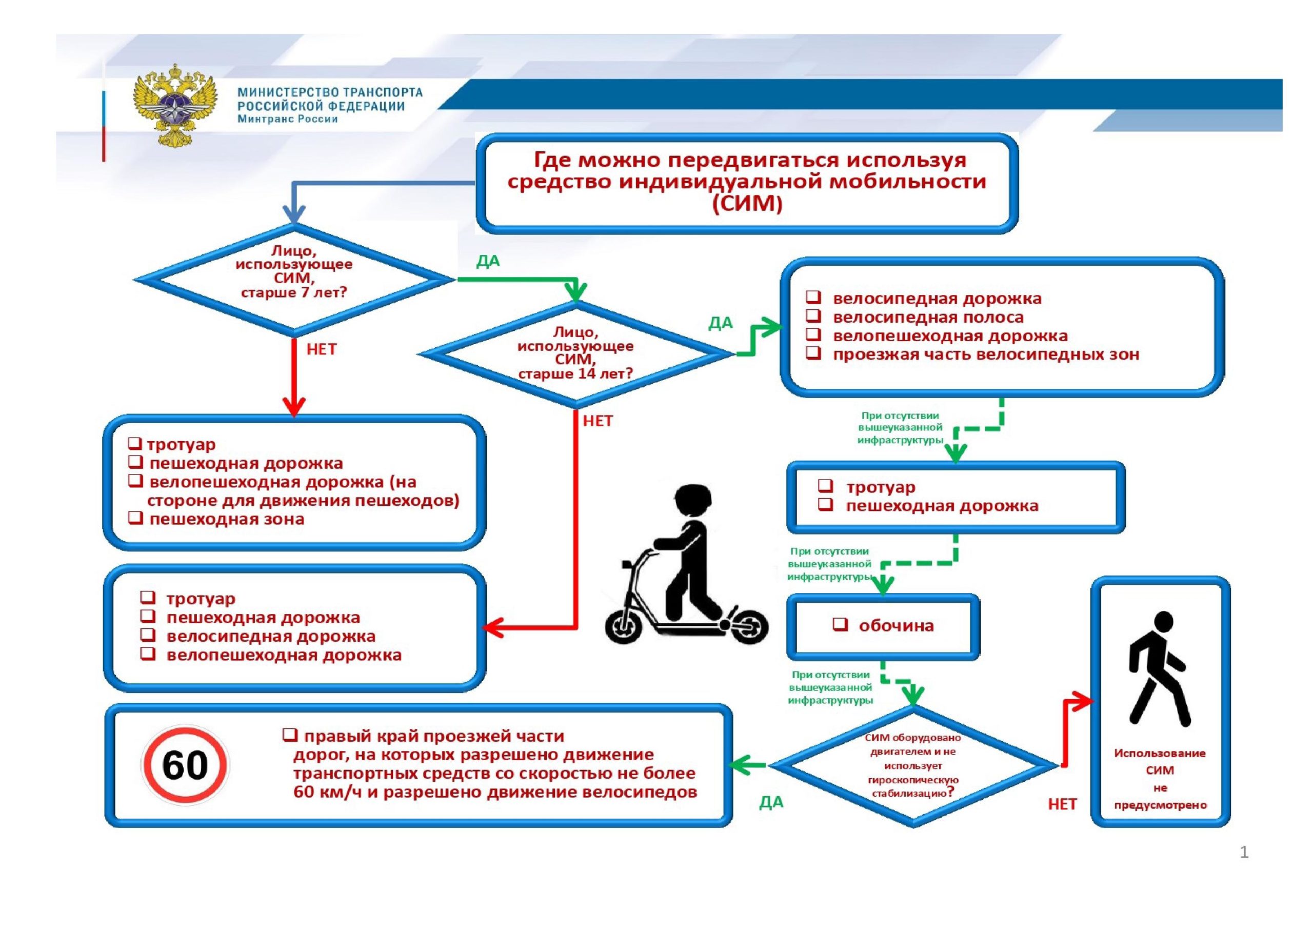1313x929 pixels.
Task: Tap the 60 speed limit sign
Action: (x=185, y=765)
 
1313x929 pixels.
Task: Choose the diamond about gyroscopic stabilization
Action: (x=913, y=766)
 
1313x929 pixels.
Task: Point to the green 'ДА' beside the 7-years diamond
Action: (x=488, y=262)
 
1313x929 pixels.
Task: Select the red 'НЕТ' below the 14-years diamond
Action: (x=598, y=421)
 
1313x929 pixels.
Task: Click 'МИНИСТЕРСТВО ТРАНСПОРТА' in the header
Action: (x=330, y=93)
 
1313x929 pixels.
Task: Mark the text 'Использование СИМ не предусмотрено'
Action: (x=1160, y=779)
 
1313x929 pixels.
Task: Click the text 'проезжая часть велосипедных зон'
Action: (x=985, y=354)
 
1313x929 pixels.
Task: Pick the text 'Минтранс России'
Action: (x=288, y=119)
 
